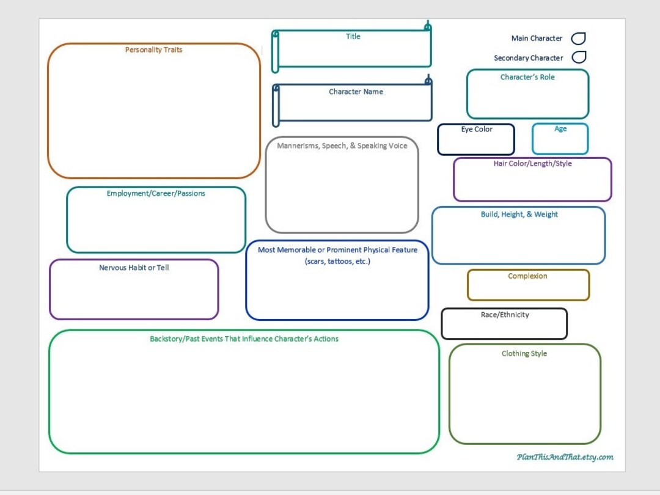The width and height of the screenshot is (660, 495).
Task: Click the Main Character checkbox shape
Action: (x=578, y=38)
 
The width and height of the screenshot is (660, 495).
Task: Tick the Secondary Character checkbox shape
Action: (x=579, y=57)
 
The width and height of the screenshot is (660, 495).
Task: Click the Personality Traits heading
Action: (x=153, y=50)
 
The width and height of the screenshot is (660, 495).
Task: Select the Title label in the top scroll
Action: (x=353, y=37)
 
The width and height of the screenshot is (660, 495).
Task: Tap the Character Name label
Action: (x=356, y=92)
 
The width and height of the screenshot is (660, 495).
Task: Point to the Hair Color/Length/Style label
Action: (x=532, y=164)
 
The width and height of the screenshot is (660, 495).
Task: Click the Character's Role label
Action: (x=527, y=78)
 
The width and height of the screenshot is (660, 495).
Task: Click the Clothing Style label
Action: (x=524, y=354)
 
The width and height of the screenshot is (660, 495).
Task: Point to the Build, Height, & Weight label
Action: (x=519, y=215)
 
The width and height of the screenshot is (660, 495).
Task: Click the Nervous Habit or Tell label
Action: (x=134, y=268)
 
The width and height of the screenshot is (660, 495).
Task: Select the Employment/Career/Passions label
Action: (x=156, y=194)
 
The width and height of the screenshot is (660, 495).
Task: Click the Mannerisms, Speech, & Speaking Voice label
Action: (x=342, y=146)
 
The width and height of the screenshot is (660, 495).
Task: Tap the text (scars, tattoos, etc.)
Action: (x=337, y=262)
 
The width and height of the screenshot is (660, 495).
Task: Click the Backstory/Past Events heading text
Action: (x=244, y=339)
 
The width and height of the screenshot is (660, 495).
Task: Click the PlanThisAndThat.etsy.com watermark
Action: (x=565, y=457)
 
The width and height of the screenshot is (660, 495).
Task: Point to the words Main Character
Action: (x=537, y=38)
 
